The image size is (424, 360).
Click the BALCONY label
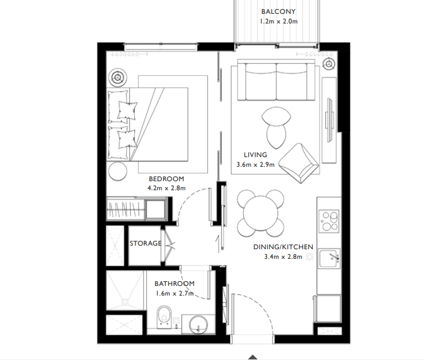point(279,11)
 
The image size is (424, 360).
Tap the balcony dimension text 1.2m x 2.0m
point(279,22)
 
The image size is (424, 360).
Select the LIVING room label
point(255,155)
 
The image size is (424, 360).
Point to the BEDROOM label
point(166,179)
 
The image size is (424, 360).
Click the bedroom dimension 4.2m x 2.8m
point(166,188)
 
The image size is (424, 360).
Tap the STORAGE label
point(145,243)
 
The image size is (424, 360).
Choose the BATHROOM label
point(174,284)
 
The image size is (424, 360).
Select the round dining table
point(260,214)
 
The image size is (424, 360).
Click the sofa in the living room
point(276,81)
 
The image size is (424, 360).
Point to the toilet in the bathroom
point(163,317)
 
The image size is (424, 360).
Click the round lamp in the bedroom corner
point(118,76)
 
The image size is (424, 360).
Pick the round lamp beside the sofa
point(329,64)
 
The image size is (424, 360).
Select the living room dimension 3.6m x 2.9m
point(255,164)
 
